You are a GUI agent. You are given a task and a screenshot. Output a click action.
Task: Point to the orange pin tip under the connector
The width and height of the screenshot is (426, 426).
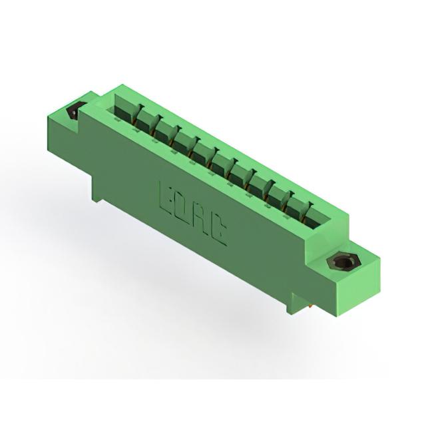310,306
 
